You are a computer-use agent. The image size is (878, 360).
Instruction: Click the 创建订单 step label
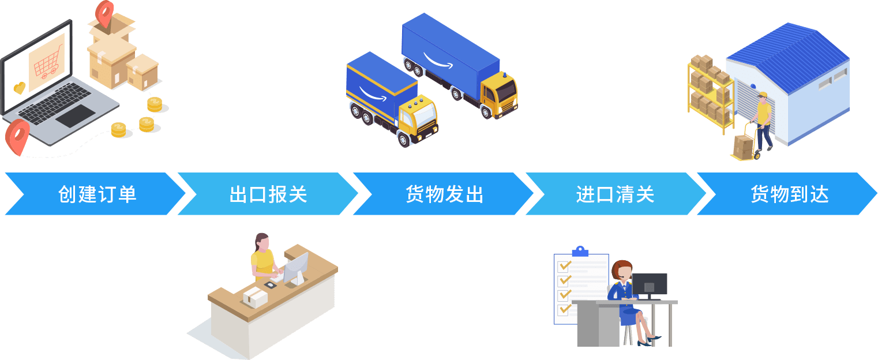click(x=97, y=194)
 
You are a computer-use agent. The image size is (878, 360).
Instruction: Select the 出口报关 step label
click(x=268, y=194)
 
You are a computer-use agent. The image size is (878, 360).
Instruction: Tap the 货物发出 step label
click(x=444, y=194)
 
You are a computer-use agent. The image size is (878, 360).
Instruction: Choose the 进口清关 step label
click(x=615, y=194)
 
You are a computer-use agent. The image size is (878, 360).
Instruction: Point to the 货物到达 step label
click(x=789, y=194)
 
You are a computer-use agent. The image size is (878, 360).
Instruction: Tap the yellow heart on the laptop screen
click(x=20, y=88)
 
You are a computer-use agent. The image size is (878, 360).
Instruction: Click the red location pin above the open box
click(x=105, y=13)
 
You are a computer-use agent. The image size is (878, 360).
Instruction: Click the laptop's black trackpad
click(x=74, y=115)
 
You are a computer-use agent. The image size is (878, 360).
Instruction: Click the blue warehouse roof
click(x=787, y=52)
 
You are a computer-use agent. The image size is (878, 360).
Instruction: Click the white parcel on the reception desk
click(x=254, y=297)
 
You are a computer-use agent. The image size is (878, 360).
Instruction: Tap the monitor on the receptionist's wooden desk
click(x=295, y=267)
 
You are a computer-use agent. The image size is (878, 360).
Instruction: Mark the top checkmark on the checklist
click(x=564, y=267)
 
